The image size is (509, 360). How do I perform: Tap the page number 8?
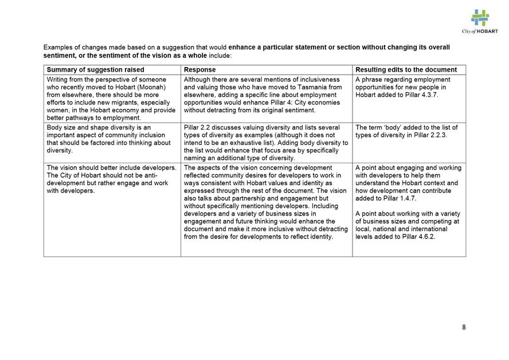[464, 327]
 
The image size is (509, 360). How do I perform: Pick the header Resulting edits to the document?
[406, 69]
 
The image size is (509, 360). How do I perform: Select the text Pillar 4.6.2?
[420, 236]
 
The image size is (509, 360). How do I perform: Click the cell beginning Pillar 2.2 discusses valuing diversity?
[266, 142]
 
